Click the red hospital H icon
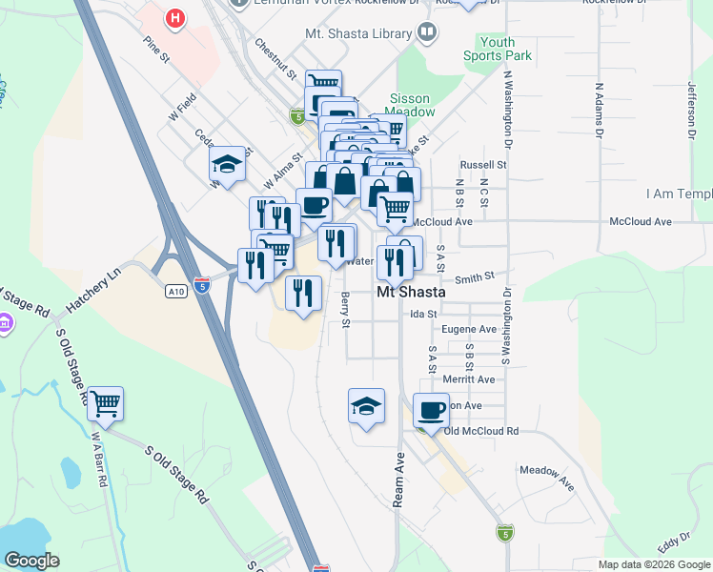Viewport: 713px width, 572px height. click(174, 17)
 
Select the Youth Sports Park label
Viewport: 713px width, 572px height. click(498, 49)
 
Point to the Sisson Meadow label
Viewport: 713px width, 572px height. click(410, 105)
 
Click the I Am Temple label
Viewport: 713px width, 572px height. click(678, 193)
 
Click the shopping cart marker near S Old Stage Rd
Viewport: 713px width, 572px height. click(105, 404)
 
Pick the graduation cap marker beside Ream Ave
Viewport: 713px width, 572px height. click(366, 406)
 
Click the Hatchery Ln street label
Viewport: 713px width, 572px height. click(94, 293)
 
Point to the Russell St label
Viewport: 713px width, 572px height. click(482, 164)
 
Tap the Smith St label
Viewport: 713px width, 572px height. click(474, 277)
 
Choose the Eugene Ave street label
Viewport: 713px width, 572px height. click(469, 329)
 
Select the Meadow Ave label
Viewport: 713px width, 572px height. click(547, 477)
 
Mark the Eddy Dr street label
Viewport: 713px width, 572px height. click(673, 543)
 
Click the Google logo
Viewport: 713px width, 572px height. click(31, 560)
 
